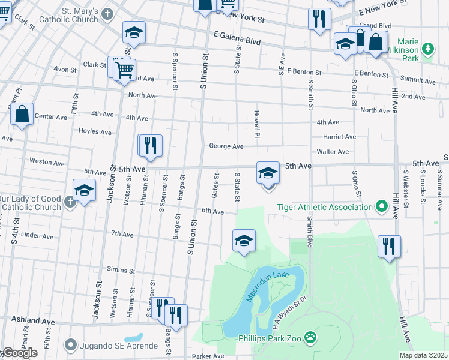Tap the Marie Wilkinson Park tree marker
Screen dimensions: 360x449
(x=428, y=48)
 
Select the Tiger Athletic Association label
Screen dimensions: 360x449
(x=324, y=208)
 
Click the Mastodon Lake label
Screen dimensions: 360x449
(x=268, y=286)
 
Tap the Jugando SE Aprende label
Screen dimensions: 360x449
(x=113, y=345)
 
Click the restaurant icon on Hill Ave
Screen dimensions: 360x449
(x=389, y=246)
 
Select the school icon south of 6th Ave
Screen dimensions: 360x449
(x=244, y=241)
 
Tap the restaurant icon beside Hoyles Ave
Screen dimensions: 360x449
(x=151, y=145)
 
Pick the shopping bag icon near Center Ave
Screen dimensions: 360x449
(x=22, y=115)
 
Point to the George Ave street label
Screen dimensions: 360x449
(x=226, y=146)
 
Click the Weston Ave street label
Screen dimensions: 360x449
(x=47, y=162)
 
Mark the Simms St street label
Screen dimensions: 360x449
(x=121, y=269)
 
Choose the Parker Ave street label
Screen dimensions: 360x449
(x=209, y=356)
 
